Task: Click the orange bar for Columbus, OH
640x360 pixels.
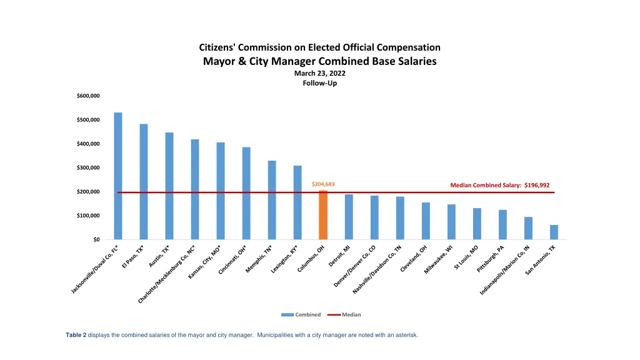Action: point(323,215)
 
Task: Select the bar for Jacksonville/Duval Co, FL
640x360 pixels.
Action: point(118,176)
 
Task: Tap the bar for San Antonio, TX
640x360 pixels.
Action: point(554,232)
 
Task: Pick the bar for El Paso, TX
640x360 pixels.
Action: point(144,181)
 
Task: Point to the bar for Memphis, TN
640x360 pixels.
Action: point(272,200)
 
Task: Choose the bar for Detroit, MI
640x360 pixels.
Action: point(349,217)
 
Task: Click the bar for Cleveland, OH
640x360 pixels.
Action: point(426,221)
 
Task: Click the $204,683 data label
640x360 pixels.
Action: point(323,184)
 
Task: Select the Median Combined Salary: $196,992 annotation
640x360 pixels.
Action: point(499,185)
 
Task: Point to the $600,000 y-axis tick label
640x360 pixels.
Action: point(88,96)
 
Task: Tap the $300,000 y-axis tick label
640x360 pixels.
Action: point(88,167)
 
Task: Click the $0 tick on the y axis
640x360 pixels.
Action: point(96,239)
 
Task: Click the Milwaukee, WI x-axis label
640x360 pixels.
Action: point(439,261)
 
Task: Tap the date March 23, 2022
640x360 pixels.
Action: point(319,73)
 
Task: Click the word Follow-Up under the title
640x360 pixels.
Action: point(319,83)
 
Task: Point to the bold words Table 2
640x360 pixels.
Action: point(76,335)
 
